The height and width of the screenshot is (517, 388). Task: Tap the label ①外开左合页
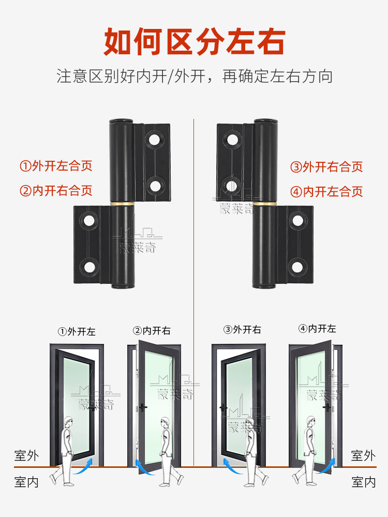click(56, 166)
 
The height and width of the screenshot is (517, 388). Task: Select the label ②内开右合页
click(56, 190)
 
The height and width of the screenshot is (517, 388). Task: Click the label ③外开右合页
click(326, 166)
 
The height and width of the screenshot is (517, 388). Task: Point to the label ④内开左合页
click(326, 192)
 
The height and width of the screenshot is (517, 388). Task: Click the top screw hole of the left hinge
click(154, 139)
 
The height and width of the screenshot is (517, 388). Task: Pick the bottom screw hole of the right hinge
click(297, 267)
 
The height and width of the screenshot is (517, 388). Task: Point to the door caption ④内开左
click(317, 329)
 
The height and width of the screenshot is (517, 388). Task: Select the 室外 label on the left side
click(26, 455)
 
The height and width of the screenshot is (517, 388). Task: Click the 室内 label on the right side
click(363, 482)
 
